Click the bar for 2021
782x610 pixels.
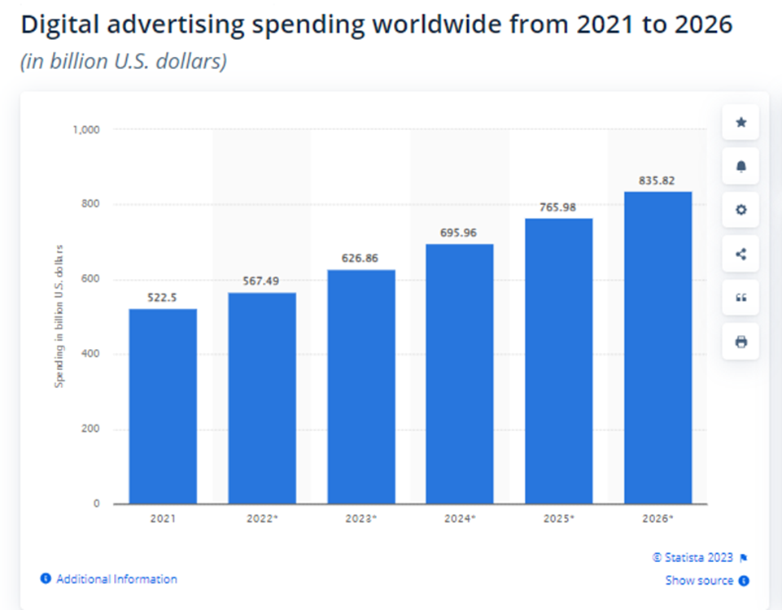tap(163, 406)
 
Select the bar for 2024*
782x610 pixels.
tap(460, 373)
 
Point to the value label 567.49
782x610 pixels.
tap(262, 281)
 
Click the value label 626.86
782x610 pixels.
tap(361, 259)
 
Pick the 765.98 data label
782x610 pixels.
tap(558, 207)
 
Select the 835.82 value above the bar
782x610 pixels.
tap(657, 181)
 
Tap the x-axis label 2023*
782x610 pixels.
tap(361, 517)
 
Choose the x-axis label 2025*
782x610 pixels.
tap(558, 517)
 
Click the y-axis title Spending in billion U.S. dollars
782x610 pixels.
tap(59, 316)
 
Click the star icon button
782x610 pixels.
tap(740, 123)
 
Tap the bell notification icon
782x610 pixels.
tap(740, 167)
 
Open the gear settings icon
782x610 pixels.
tap(740, 210)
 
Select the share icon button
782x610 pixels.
tap(740, 254)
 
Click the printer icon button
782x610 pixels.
tap(740, 342)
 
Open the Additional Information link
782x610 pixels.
tap(116, 579)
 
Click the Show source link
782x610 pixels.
tap(700, 581)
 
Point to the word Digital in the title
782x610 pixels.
tap(60, 25)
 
